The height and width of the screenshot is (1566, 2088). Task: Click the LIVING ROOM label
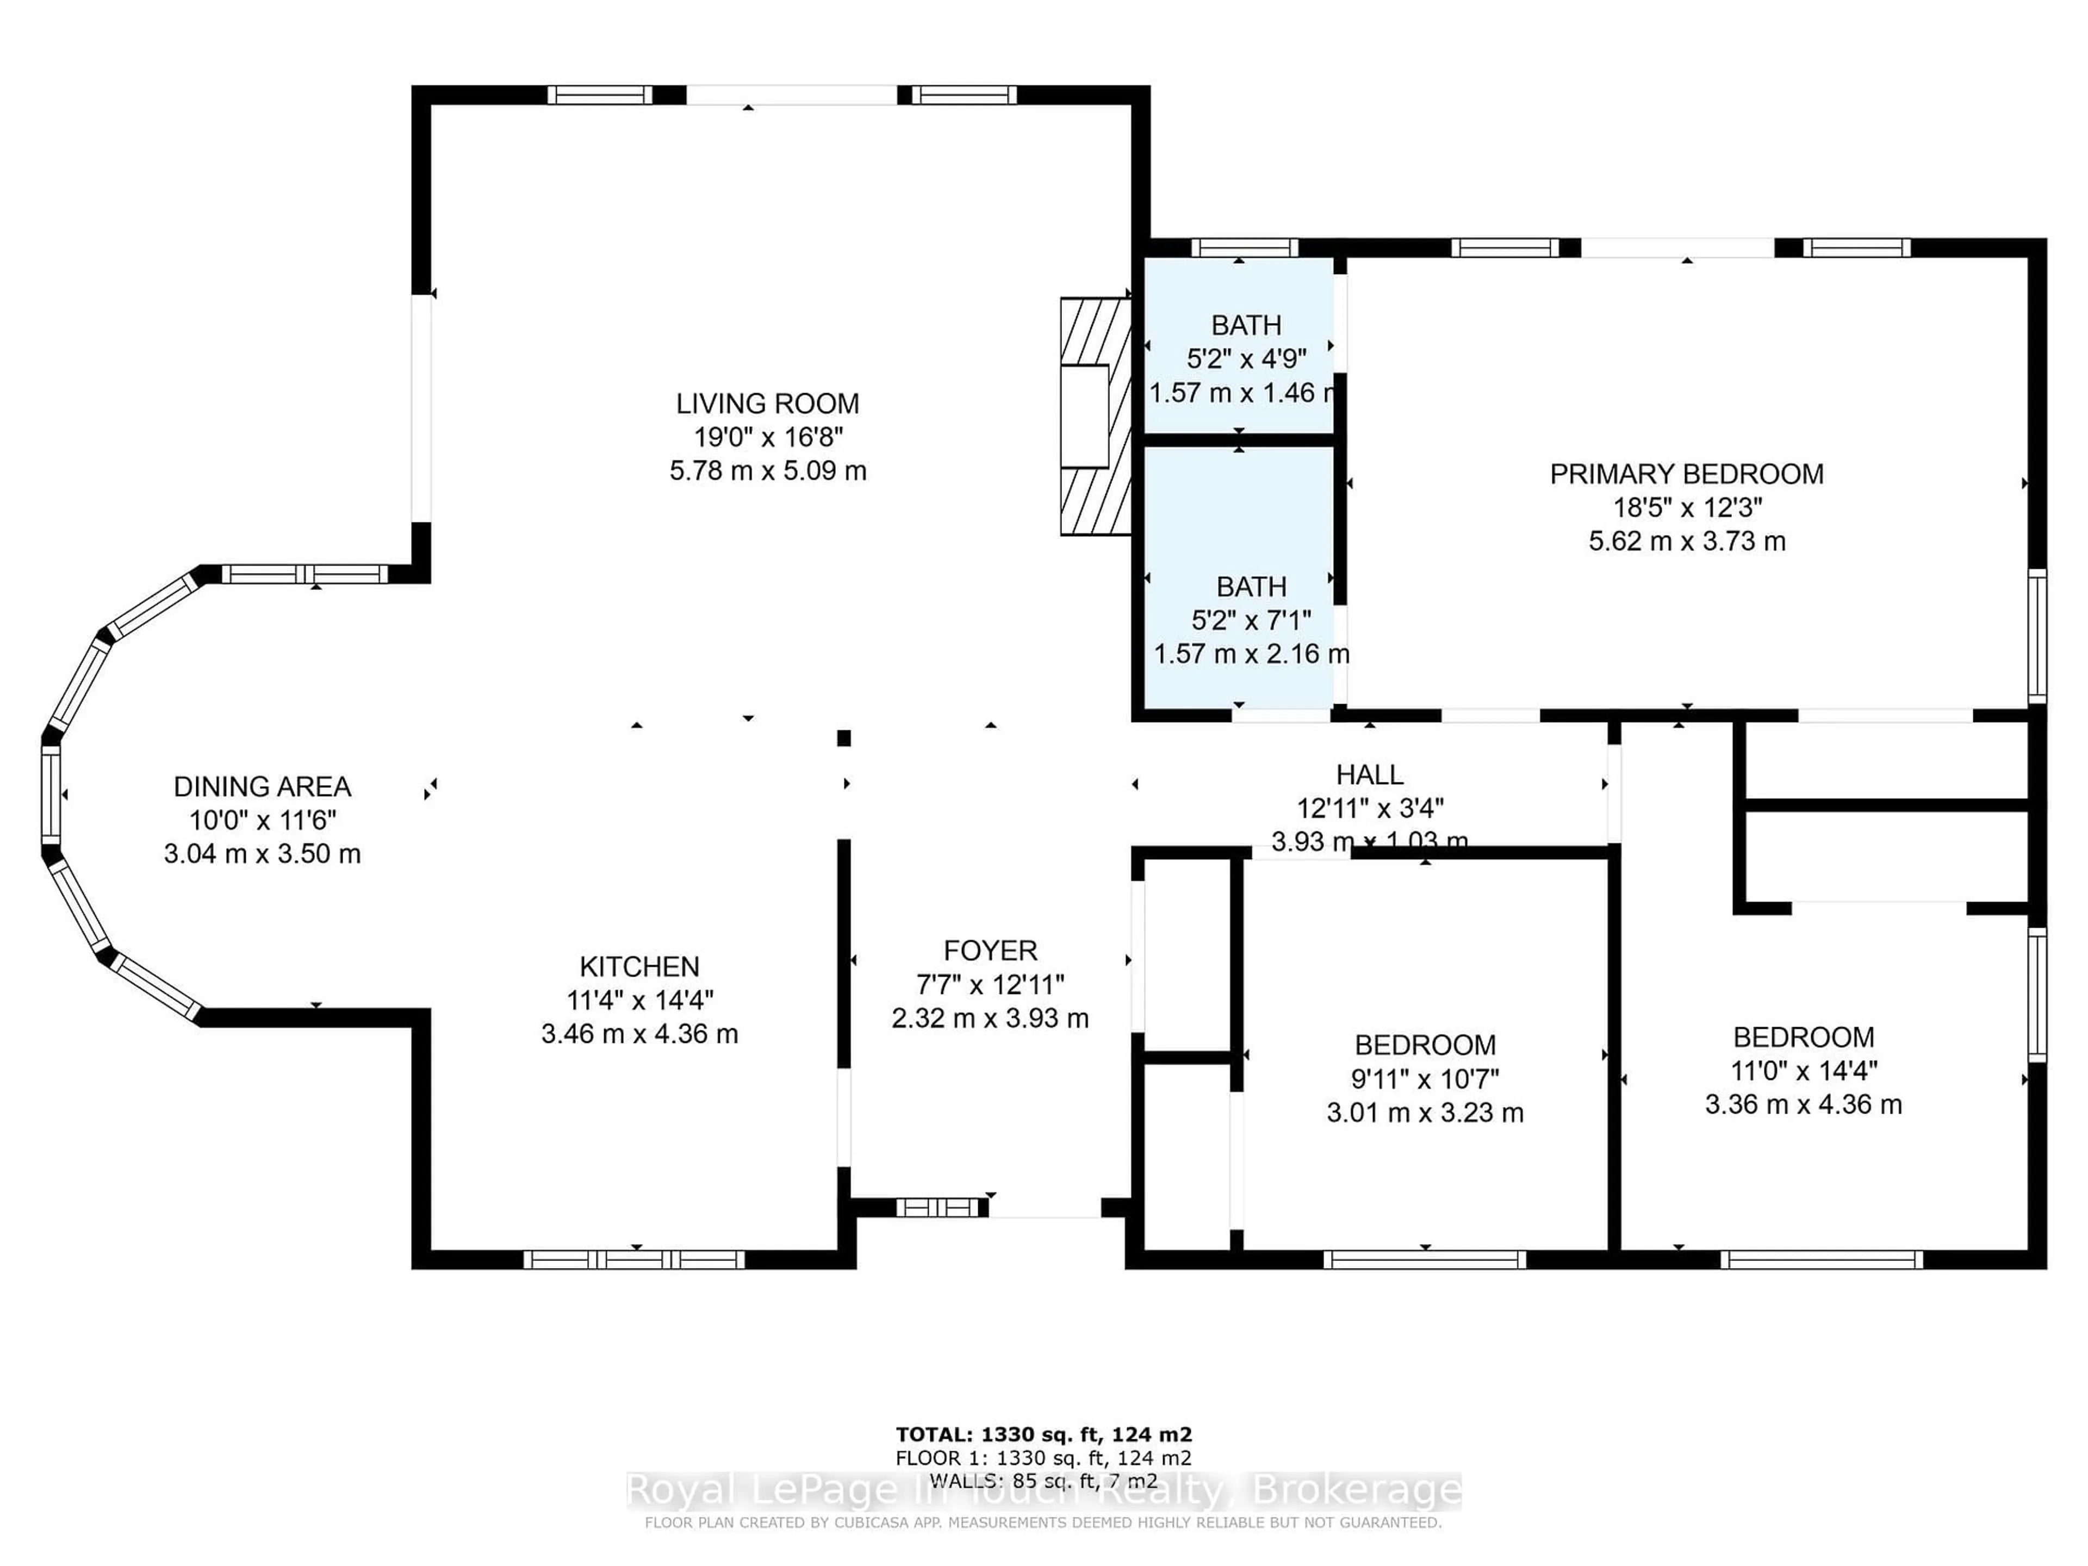coord(767,404)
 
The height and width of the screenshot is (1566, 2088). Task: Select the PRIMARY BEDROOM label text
coord(1686,474)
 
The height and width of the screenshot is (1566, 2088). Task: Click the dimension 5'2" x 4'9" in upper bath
coord(1246,359)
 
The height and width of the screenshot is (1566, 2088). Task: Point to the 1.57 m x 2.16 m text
coord(1251,653)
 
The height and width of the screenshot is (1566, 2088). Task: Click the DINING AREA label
coord(263,786)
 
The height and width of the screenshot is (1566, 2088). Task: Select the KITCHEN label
coord(639,967)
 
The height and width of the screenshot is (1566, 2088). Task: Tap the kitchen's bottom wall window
coord(635,1259)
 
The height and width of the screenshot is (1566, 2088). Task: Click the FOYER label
coord(990,950)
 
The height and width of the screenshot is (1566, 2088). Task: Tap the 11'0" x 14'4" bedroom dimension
coord(1803,1071)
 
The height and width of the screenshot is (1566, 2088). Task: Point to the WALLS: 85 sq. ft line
coord(1043,1481)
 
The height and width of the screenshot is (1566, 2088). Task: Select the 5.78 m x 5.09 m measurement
coord(767,470)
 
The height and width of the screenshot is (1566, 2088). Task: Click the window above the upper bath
coord(1244,248)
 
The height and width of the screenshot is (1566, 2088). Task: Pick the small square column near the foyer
coord(844,738)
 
